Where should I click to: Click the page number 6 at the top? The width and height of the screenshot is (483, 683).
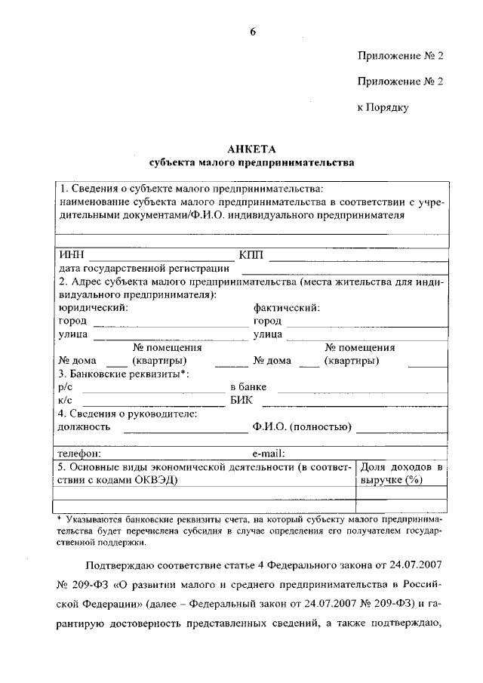[254, 31]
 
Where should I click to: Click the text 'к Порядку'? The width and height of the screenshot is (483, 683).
[383, 108]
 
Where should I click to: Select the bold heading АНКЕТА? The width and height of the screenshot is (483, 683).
[251, 149]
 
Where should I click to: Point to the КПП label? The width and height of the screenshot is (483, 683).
[251, 255]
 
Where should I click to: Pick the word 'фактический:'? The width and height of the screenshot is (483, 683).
[287, 307]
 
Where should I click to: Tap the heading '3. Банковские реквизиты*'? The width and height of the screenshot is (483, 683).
[123, 374]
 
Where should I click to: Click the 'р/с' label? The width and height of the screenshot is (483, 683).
[65, 386]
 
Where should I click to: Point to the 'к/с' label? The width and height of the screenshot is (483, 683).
[65, 399]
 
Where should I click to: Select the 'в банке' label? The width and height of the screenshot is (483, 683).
[248, 386]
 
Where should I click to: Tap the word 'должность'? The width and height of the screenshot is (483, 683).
[84, 426]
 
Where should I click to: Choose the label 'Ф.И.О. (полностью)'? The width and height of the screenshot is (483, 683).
[302, 426]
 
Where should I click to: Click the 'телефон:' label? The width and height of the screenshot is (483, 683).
[80, 454]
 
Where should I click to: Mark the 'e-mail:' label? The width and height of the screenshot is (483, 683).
[268, 454]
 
